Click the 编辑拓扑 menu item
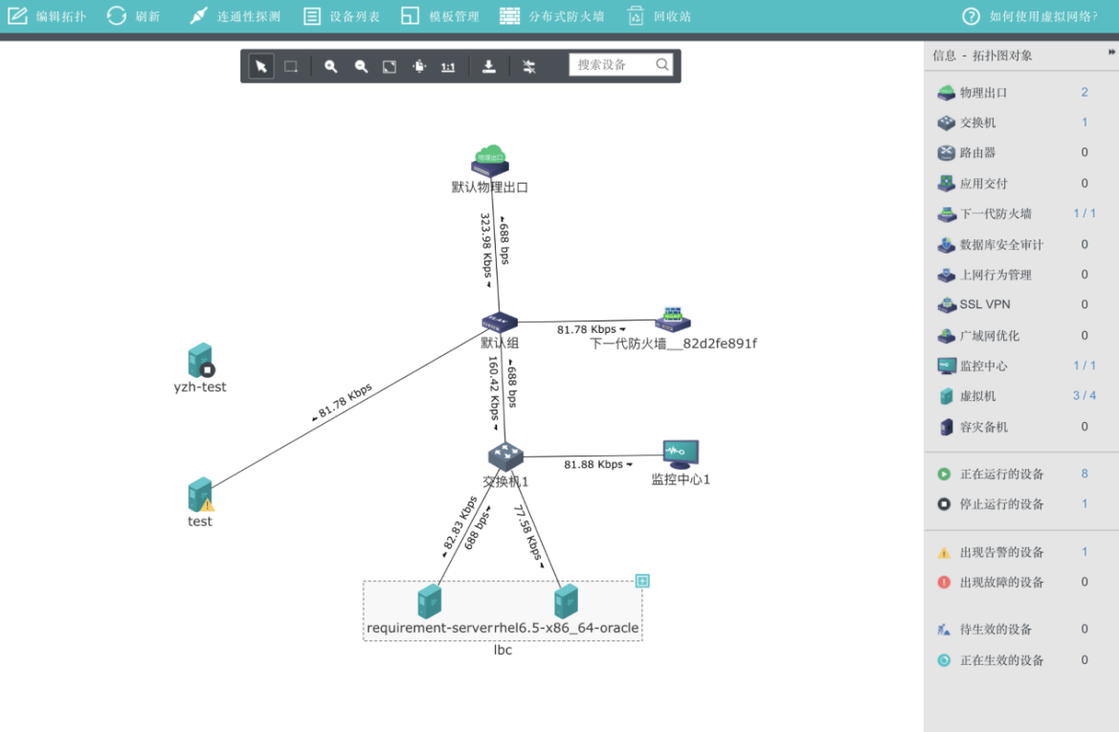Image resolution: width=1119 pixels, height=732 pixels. coord(48,16)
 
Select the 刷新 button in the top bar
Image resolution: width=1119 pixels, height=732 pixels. coord(133,16)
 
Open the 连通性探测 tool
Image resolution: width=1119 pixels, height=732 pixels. coord(235,16)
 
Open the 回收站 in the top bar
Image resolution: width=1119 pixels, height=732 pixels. coord(660,16)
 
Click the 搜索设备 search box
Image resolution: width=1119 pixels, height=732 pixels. coord(613,65)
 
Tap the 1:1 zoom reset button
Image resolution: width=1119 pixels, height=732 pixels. coord(447,67)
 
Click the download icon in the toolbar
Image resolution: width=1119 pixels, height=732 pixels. coord(488,66)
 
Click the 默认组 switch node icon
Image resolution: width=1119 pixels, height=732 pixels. coord(499,323)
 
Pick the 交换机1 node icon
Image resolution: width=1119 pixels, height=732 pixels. coord(505,456)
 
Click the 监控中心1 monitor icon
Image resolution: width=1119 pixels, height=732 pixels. coord(681,454)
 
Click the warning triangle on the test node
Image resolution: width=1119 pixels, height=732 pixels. coord(208,504)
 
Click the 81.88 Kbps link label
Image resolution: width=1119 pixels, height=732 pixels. coord(593,465)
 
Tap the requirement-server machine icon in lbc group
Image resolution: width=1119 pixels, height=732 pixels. coord(430,601)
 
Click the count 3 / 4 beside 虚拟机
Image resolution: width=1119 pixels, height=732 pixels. coord(1084,396)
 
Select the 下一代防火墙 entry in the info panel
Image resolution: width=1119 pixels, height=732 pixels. coord(996,214)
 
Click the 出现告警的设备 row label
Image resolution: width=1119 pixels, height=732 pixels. coord(1001,552)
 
